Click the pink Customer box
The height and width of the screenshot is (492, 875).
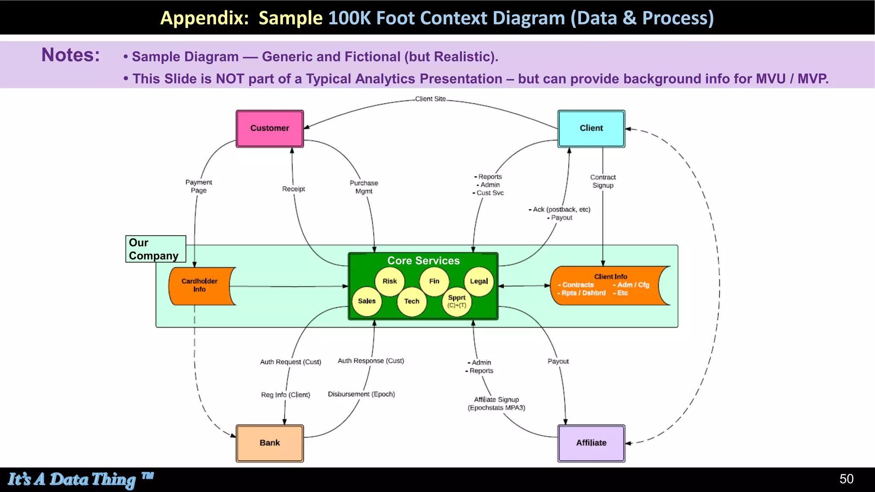270,129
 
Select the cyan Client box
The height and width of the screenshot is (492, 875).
591,129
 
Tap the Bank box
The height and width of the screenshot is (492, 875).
270,443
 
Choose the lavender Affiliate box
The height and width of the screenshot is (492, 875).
591,443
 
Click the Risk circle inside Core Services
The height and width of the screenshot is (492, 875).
389,281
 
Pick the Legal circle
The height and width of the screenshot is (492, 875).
479,281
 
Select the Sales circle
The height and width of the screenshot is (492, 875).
367,301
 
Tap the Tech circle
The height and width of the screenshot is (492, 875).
411,301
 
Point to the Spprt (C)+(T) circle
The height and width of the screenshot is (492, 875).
456,301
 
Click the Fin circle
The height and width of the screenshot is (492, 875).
434,281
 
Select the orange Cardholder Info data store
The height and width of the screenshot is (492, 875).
200,285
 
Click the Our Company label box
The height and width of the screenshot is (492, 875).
155,249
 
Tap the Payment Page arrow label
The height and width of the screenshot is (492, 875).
199,186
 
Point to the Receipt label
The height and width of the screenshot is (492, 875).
294,189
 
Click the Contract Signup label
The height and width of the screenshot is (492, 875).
603,181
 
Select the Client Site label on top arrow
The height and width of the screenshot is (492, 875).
430,99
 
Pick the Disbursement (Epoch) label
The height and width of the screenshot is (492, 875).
361,394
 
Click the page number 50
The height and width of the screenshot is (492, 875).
846,479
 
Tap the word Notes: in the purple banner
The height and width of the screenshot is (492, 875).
70,55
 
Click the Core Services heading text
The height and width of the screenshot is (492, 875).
423,261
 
